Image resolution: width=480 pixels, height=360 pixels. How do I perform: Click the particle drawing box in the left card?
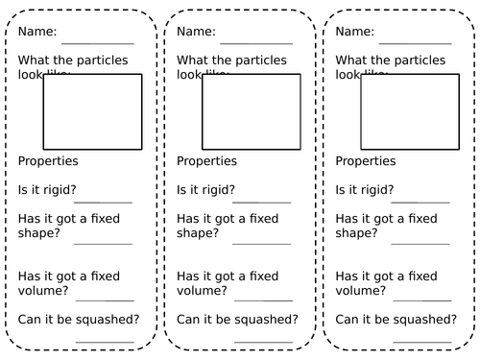click(92, 110)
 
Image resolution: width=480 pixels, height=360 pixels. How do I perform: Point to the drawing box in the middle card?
click(251, 110)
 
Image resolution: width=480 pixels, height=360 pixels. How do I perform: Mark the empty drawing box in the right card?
click(409, 110)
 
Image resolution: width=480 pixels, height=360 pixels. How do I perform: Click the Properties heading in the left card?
click(48, 161)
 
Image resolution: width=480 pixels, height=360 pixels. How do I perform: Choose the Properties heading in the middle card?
click(206, 161)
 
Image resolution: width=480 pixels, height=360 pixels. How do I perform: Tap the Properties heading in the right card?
click(365, 161)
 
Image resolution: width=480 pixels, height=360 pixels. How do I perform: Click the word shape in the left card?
click(36, 233)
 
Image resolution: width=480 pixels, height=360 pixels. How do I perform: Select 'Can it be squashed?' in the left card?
click(78, 319)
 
